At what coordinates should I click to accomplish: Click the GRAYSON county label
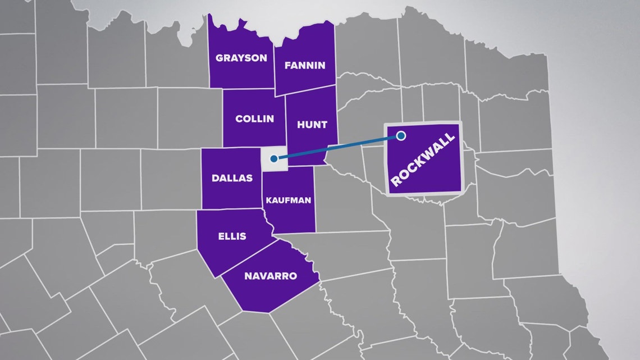[x=241, y=58]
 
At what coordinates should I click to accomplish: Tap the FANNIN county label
[x=305, y=65]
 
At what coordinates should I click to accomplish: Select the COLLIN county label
[x=255, y=119]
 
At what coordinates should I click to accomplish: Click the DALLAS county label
[x=232, y=178]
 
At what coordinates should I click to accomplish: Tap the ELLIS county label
[x=231, y=236]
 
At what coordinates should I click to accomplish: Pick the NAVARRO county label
[x=270, y=276]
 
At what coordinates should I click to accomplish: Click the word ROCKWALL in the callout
[x=425, y=162]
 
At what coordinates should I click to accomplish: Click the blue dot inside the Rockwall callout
[x=401, y=135]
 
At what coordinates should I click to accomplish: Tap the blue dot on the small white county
[x=272, y=158]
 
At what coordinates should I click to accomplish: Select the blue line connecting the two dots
[x=337, y=147]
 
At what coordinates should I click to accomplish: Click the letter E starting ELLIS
[x=220, y=236]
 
